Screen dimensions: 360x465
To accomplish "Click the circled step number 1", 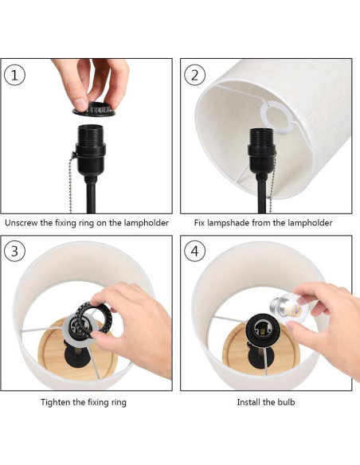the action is click(14, 75).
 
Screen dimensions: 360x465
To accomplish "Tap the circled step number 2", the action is click(195, 75).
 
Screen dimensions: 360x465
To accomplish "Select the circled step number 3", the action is click(14, 251).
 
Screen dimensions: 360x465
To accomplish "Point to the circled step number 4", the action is click(195, 251).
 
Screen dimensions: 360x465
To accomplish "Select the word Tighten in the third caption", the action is click(56, 402).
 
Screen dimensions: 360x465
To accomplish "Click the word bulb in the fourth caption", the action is click(286, 402).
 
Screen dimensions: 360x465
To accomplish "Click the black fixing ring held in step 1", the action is click(94, 108).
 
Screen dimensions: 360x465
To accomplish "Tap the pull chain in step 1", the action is click(72, 182).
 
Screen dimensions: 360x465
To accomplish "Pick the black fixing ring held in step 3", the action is click(92, 319).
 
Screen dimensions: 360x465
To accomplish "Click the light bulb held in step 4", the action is click(287, 308).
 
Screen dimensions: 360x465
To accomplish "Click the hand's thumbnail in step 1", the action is click(80, 104).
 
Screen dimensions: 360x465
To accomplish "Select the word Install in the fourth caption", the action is click(248, 402).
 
